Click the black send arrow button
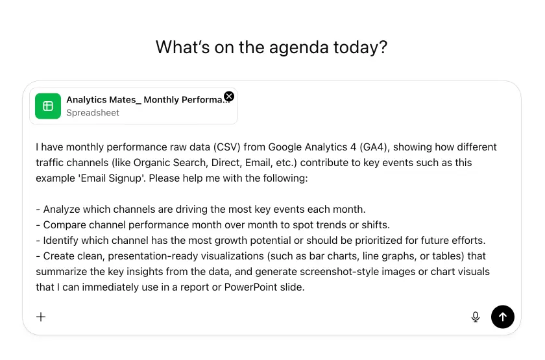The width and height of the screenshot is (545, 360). click(503, 317)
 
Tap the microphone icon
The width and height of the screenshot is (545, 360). click(476, 317)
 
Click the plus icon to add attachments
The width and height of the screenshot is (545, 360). click(41, 317)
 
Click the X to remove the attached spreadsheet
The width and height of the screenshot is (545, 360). click(229, 96)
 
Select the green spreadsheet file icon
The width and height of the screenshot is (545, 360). click(48, 106)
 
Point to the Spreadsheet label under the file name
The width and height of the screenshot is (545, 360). click(93, 113)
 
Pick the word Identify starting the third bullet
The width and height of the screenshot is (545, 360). click(62, 240)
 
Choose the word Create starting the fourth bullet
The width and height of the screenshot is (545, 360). click(60, 256)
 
